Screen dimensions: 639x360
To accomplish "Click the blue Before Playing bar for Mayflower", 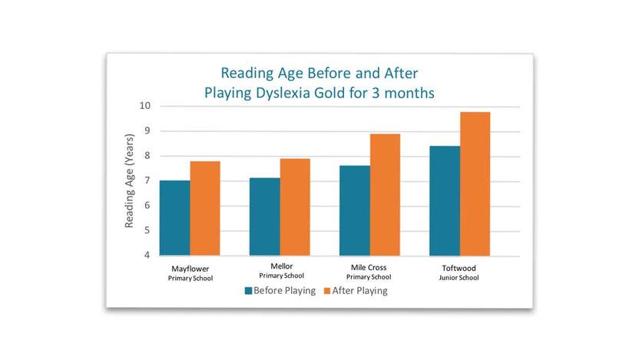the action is click(175, 218).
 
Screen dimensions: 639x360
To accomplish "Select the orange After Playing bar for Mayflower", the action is click(205, 209).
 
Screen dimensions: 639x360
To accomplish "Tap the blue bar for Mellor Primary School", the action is click(265, 216).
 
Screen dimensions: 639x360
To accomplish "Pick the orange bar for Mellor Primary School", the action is click(295, 207).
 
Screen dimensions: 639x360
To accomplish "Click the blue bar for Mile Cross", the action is click(355, 210).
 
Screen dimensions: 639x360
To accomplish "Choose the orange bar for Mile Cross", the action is click(385, 195).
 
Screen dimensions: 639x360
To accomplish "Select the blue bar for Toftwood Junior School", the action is click(445, 201).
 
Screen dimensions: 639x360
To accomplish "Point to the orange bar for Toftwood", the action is click(475, 184).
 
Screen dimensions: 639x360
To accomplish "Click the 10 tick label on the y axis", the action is click(145, 106).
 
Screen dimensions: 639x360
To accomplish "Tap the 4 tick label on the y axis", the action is click(147, 256).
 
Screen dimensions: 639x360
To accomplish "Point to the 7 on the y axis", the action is click(147, 180).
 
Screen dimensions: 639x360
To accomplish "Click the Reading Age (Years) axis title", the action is click(129, 181).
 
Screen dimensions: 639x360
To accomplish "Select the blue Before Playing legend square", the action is click(248, 291).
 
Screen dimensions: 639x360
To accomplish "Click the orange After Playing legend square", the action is click(327, 291).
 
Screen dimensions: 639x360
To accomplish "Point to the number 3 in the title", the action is click(376, 93).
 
